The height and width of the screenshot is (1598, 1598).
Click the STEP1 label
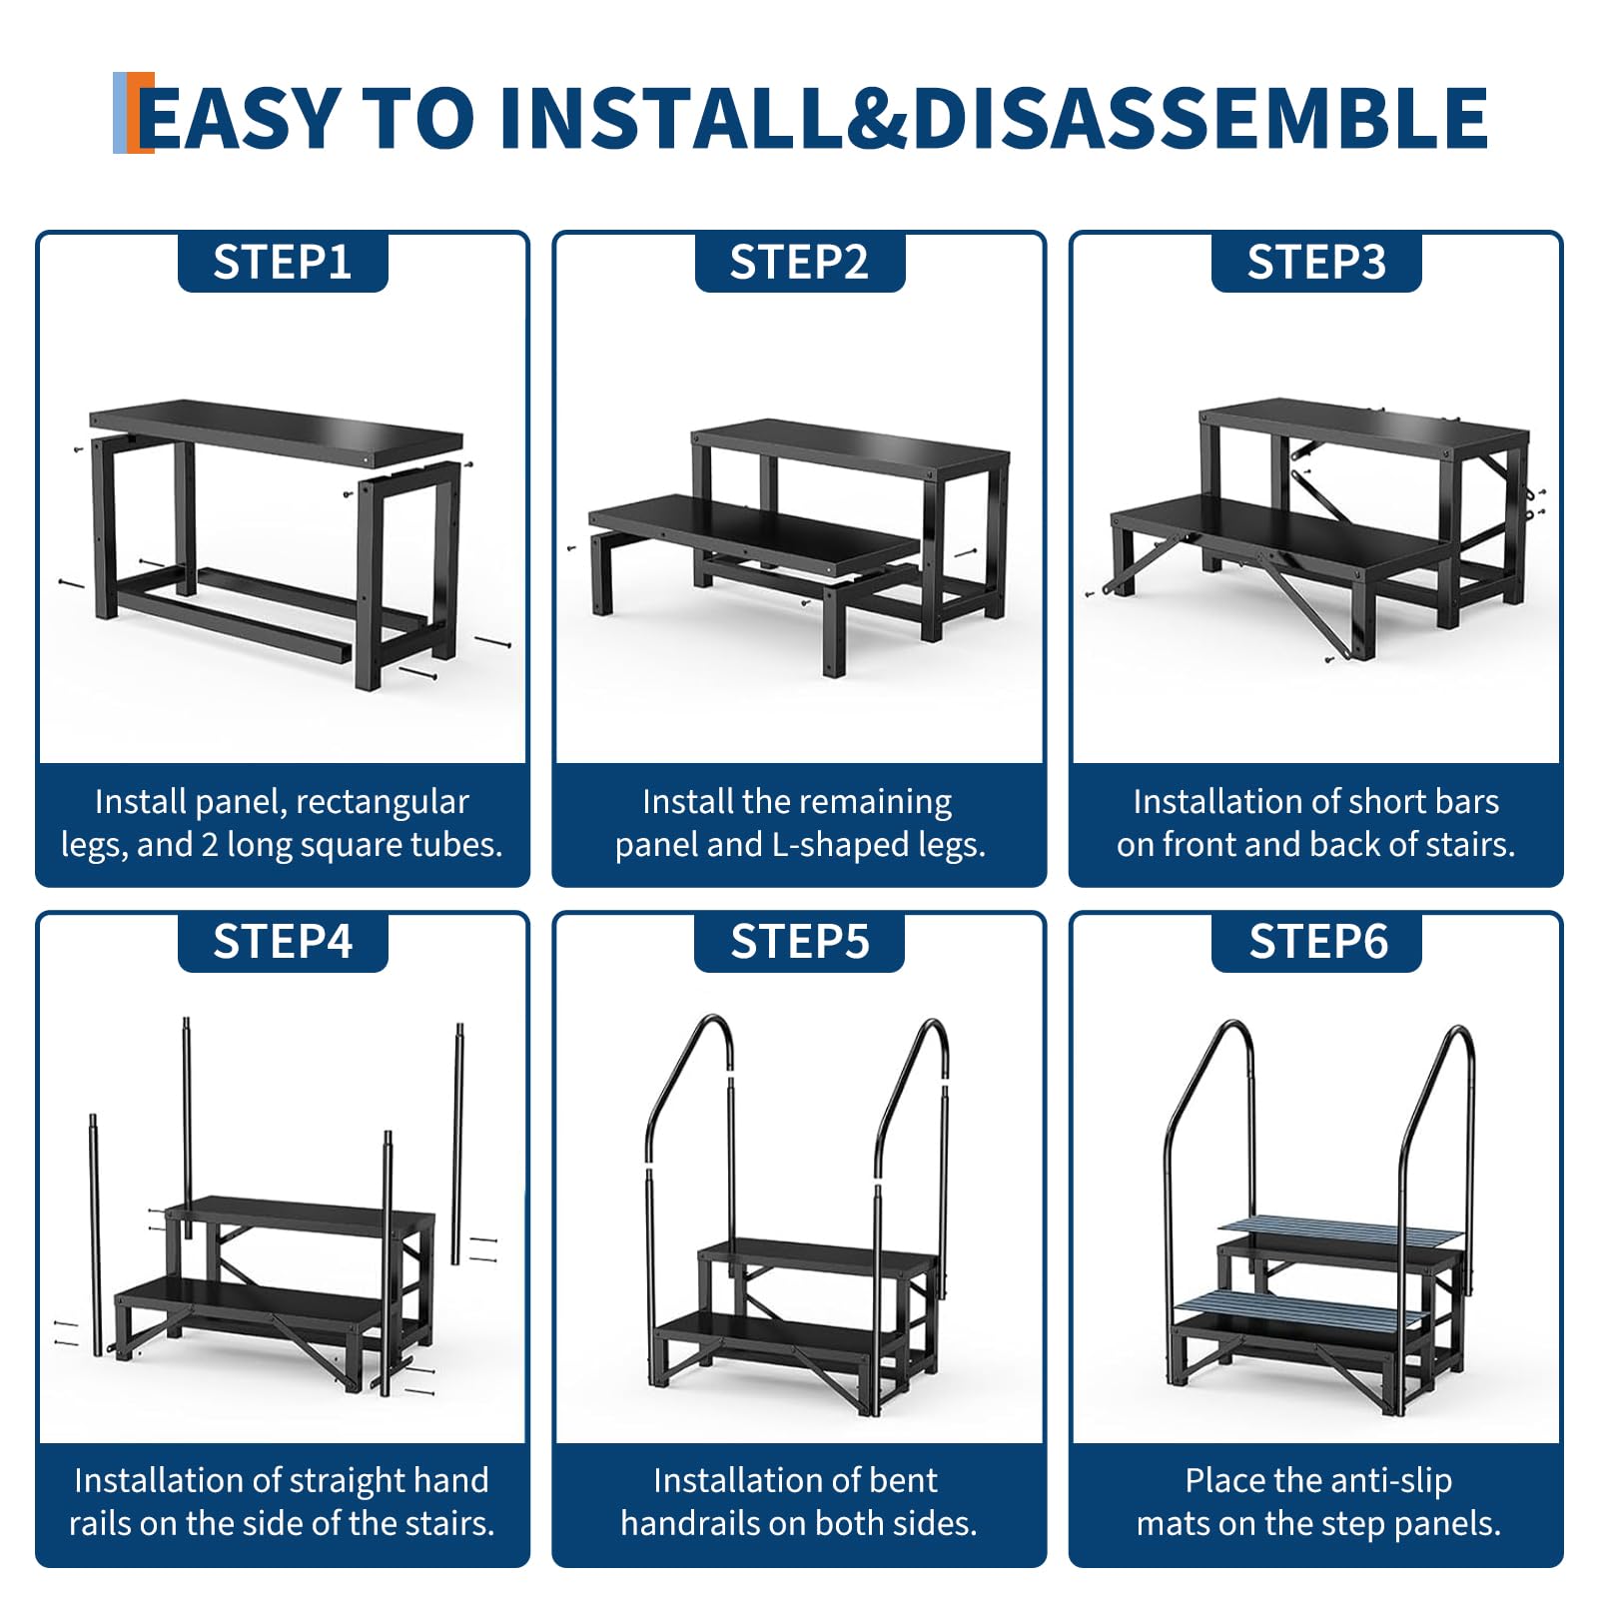(283, 263)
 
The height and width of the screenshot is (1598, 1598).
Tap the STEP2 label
(799, 263)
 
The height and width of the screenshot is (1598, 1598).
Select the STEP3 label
(1316, 263)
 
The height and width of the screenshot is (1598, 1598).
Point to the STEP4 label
(283, 942)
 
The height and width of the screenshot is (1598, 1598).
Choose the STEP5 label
(800, 942)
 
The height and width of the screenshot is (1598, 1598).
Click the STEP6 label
(1318, 942)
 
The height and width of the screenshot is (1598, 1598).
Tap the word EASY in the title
(240, 118)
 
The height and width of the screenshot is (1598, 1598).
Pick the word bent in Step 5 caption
(905, 1480)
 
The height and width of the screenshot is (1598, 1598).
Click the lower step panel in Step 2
(754, 534)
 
